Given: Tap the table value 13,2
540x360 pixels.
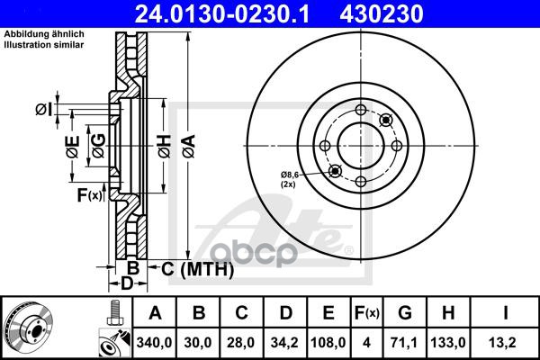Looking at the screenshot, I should pyautogui.click(x=507, y=342).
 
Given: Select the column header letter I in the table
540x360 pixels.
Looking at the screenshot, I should pyautogui.click(x=507, y=314).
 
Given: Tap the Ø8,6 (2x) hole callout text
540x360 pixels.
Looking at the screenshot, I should pyautogui.click(x=292, y=177).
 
